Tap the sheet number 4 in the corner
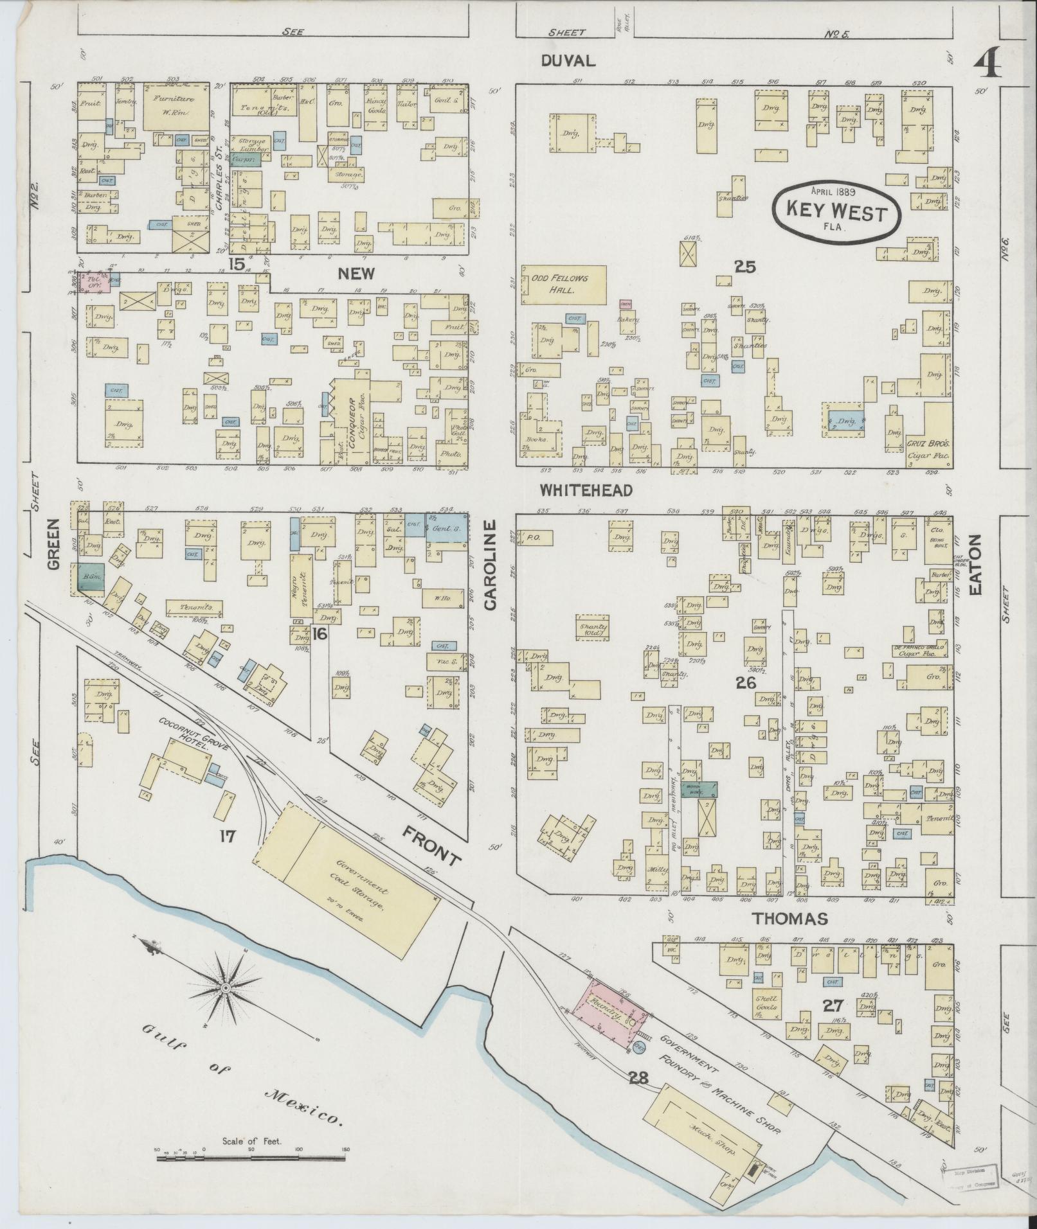coord(986,64)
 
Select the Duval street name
coord(568,60)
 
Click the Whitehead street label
coord(586,490)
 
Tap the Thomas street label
coord(780,919)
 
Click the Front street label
coord(432,847)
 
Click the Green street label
coord(53,545)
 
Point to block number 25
coord(744,266)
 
